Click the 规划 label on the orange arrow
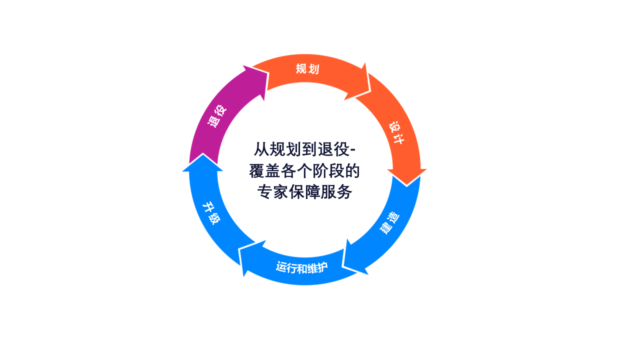pos(307,69)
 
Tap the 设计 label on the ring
pos(396,133)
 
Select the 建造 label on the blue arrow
pos(389,223)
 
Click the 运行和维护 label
pos(301,267)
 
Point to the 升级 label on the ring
pos(211,213)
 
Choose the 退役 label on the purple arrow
pos(217,116)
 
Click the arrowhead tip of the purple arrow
pos(267,73)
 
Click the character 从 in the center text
pos(261,149)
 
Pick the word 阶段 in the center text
pos(327,171)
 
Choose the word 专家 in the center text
pos(272,191)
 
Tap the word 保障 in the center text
pos(304,191)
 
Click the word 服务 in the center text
pos(336,191)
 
